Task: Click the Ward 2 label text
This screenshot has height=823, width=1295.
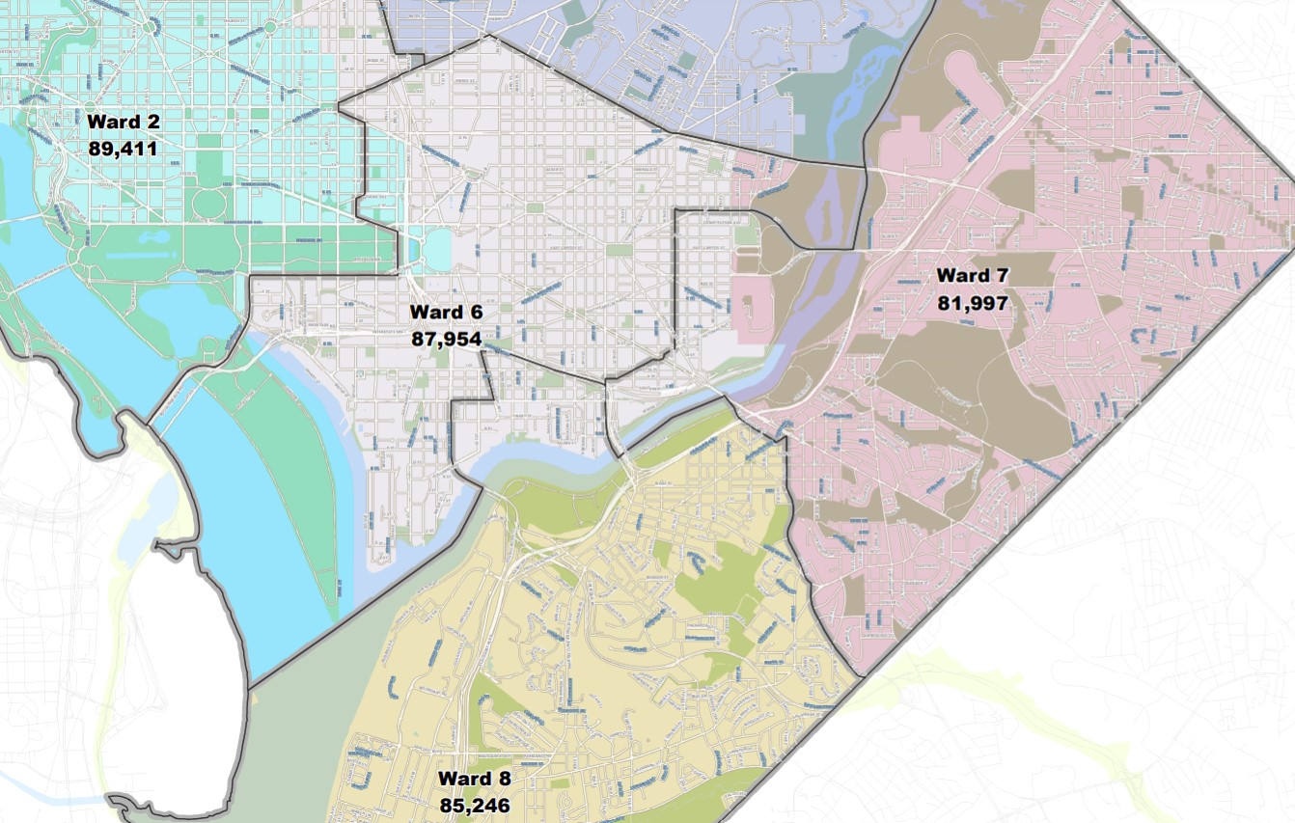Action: [x=123, y=122]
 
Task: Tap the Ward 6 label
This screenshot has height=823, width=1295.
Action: [x=445, y=312]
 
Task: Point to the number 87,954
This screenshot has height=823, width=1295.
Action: [x=445, y=339]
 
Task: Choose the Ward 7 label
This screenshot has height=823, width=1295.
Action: [x=972, y=276]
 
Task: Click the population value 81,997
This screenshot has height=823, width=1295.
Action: [x=972, y=303]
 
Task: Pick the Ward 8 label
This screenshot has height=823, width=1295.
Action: [x=474, y=778]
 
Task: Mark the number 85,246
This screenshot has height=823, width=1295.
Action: [x=474, y=804]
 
